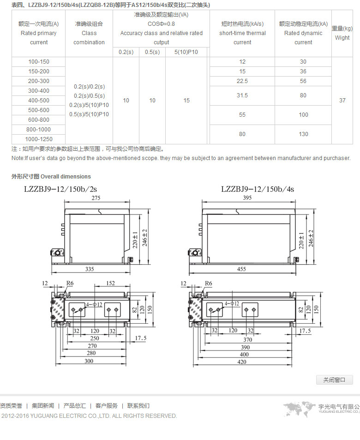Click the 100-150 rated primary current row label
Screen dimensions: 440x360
(x=39, y=62)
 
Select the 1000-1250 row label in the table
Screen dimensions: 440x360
(x=39, y=139)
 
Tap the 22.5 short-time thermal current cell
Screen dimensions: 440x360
(x=242, y=81)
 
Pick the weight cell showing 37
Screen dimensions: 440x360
(x=342, y=101)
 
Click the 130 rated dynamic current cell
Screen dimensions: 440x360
(x=303, y=134)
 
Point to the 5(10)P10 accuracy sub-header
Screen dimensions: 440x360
(x=186, y=52)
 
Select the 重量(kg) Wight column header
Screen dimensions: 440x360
(x=342, y=33)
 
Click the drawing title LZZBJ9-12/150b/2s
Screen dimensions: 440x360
(x=60, y=189)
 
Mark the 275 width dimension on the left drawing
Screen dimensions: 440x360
(x=96, y=198)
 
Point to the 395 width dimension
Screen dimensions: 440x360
(x=247, y=198)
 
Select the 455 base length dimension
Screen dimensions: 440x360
(x=241, y=269)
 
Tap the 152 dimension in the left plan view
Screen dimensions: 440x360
(x=110, y=284)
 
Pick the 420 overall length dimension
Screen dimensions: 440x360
(x=243, y=362)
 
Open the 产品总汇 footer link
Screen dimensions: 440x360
(x=74, y=406)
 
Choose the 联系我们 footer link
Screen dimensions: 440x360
(x=138, y=406)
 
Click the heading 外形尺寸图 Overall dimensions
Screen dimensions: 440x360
(x=51, y=177)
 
